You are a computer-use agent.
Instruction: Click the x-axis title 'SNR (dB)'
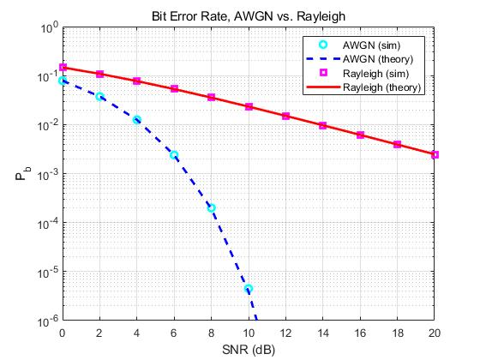point(249,349)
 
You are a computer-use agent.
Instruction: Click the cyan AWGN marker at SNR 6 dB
point(174,155)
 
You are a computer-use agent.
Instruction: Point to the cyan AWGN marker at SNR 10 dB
point(249,289)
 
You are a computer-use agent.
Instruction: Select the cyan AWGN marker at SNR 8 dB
point(212,208)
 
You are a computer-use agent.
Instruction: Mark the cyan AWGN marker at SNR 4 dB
point(137,120)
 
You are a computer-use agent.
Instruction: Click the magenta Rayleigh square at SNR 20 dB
point(435,155)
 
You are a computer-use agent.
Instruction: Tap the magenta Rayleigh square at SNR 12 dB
point(285,116)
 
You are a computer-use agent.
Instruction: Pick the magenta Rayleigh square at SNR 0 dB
point(63,67)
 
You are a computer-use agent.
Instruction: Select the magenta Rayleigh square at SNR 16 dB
point(360,135)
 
